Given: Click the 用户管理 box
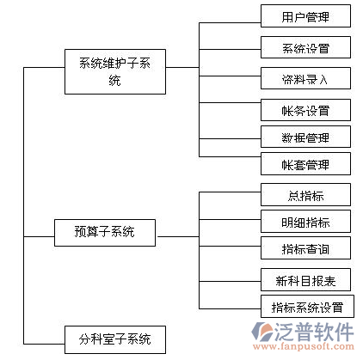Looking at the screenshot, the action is click(305, 16).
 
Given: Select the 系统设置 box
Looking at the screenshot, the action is click(305, 47).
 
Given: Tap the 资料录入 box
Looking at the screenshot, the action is click(305, 78).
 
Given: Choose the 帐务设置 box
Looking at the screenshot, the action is click(305, 110).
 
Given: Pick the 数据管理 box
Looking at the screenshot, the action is click(305, 137).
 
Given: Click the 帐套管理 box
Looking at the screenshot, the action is click(305, 163).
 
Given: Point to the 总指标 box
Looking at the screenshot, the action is click(305, 195).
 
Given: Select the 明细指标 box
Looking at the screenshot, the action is click(305, 222).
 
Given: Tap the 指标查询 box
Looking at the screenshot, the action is click(305, 248).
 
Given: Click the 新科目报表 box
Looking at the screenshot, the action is click(305, 280).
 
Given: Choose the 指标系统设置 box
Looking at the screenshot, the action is click(307, 307).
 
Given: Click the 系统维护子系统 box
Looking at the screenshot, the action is click(115, 71).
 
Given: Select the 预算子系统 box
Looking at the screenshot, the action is click(105, 233).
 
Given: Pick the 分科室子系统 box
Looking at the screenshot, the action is click(115, 339).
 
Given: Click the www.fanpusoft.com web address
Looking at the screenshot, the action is click(304, 347).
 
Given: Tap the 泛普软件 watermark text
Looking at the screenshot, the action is click(314, 332).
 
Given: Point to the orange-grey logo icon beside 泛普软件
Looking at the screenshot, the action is click(262, 332).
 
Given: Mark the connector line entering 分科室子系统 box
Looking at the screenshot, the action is click(44, 344).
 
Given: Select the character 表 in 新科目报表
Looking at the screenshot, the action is click(329, 281).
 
